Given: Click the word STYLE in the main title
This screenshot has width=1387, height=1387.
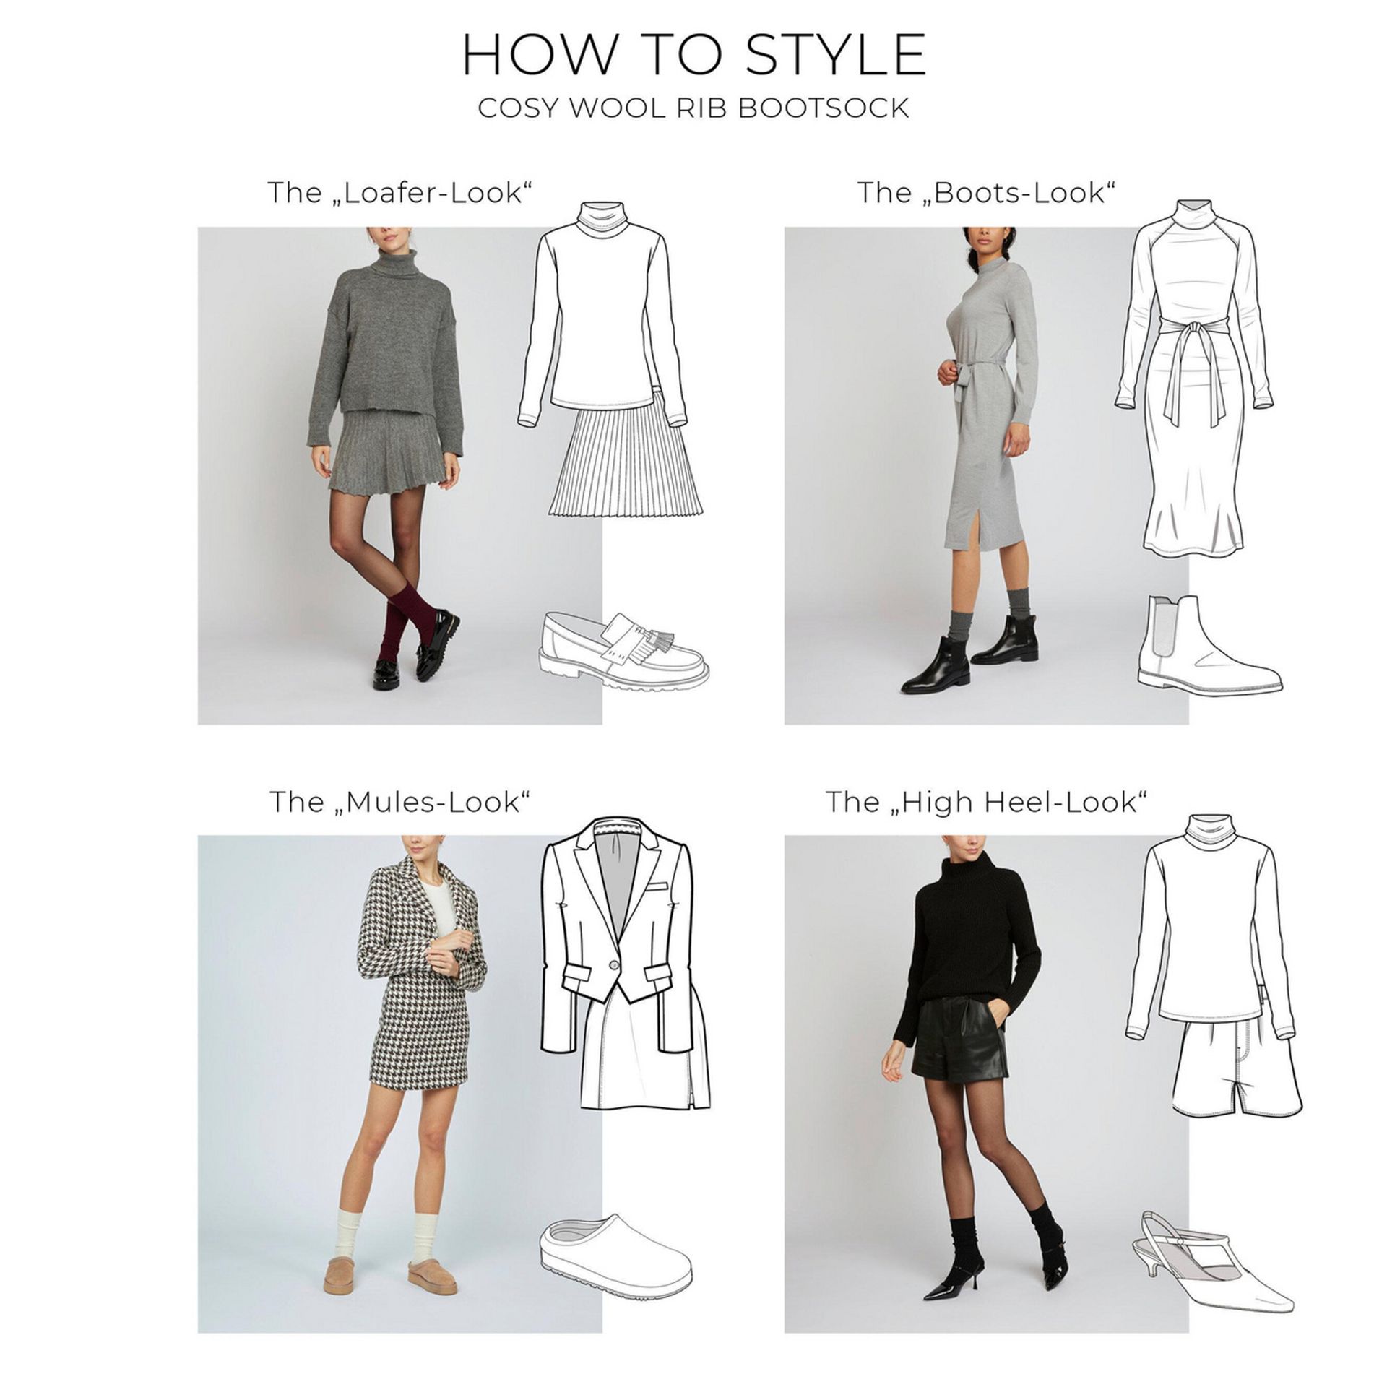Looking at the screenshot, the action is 837,54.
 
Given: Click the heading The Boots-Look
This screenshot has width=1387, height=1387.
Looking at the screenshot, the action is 987,193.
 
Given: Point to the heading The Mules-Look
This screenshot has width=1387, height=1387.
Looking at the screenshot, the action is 400,802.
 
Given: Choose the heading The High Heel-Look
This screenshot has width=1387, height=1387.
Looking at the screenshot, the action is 987,802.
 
